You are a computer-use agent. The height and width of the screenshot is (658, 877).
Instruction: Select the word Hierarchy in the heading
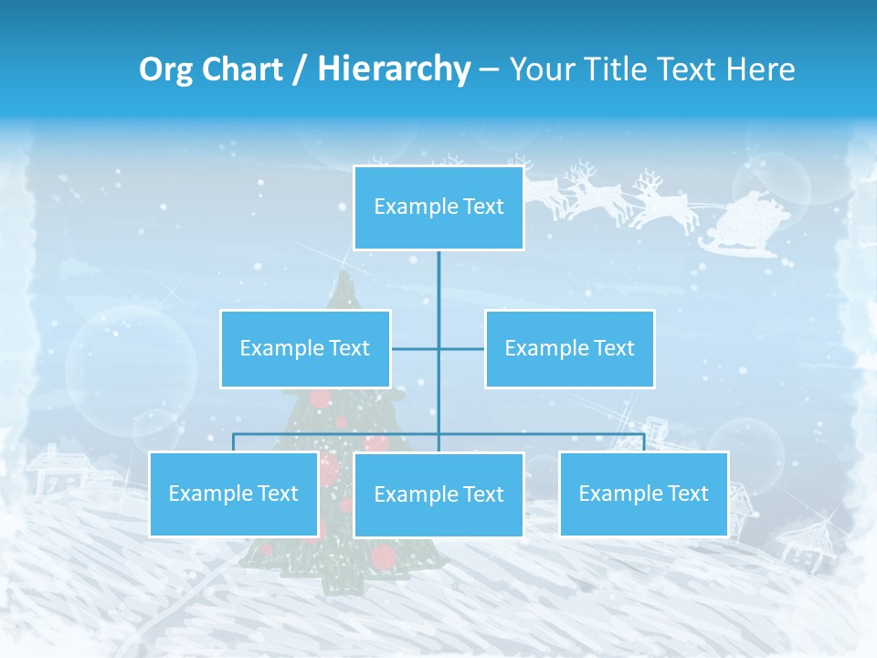coord(394,69)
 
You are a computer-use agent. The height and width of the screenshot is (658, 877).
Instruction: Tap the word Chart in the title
coord(244,69)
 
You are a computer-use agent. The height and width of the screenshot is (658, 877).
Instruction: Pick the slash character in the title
coord(299,70)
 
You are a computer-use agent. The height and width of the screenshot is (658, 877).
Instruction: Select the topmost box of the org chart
coord(438,207)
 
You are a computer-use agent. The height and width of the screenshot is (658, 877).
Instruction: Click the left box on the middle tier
coord(305,348)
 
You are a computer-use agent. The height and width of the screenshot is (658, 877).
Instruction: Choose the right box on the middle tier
coord(569,348)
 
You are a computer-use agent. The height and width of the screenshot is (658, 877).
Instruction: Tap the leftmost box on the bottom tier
coord(233,493)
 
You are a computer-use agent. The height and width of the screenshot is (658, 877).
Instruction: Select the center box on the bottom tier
coord(438,494)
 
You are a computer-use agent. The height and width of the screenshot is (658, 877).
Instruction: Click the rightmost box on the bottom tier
coord(643,493)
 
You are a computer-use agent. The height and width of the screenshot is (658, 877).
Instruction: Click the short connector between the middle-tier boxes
coord(438,348)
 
